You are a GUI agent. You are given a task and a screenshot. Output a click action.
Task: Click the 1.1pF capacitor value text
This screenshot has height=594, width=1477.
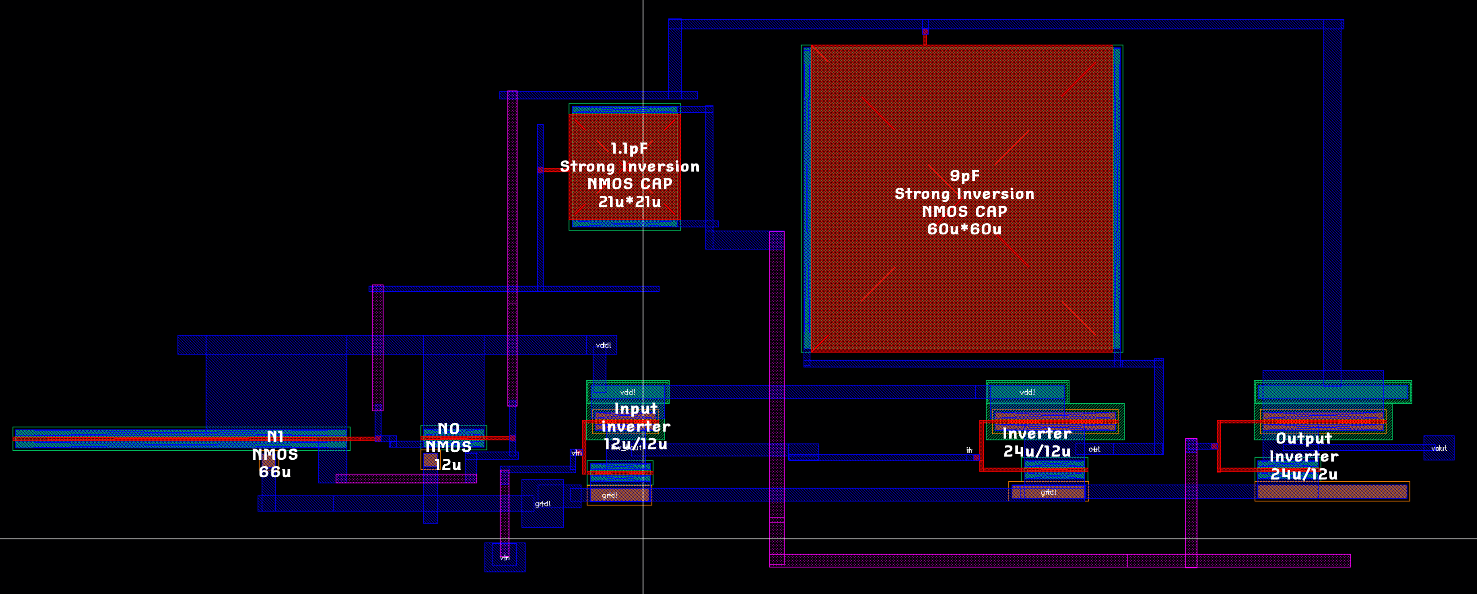tap(629, 149)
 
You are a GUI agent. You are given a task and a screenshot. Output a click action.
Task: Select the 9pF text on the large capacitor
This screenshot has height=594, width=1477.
tap(964, 176)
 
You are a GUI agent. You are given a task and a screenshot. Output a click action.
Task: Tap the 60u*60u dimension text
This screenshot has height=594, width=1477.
tap(964, 229)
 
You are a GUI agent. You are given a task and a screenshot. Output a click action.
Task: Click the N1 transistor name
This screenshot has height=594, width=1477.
tap(275, 436)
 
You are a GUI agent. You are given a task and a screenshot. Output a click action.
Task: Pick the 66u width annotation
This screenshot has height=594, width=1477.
tap(275, 472)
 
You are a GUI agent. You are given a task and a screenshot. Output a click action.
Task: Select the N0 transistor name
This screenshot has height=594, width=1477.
tap(448, 429)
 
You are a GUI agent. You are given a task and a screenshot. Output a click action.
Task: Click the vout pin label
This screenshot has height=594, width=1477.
tap(1438, 449)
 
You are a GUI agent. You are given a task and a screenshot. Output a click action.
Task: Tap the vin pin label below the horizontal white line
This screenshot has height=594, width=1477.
tap(504, 557)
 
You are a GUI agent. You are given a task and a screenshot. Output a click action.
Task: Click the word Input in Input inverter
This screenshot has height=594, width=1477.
tap(636, 409)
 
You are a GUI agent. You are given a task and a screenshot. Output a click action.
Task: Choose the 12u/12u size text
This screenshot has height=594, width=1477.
tap(636, 444)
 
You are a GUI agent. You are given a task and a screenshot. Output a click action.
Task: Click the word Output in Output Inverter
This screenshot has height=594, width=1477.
tap(1303, 439)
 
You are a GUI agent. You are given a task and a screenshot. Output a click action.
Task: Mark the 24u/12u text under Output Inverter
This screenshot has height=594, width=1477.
tap(1304, 474)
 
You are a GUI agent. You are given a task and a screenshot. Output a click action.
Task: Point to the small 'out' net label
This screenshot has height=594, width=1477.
tap(1094, 449)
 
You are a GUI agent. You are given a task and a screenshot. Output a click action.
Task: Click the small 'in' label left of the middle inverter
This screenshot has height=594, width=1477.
tap(969, 450)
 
